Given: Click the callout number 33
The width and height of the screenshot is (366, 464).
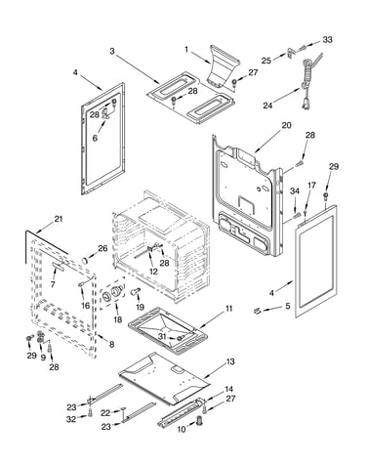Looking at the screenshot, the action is click(x=327, y=39).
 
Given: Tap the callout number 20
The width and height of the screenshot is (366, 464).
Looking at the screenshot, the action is click(x=286, y=125).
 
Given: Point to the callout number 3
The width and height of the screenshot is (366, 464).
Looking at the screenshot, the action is click(x=112, y=51).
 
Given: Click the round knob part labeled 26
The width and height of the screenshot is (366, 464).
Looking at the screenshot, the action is click(x=86, y=260).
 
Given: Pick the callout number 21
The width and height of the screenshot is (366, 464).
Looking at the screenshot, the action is click(x=58, y=219).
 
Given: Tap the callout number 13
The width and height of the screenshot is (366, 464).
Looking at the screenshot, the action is click(x=230, y=361).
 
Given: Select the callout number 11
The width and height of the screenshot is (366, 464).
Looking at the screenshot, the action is click(x=229, y=308).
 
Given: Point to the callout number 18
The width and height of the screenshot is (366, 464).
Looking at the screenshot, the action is click(x=117, y=319).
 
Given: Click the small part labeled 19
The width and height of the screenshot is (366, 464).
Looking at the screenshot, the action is click(x=136, y=291).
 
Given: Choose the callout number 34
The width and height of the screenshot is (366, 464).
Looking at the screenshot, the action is click(x=295, y=191).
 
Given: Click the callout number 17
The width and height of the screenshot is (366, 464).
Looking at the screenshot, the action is click(x=311, y=186).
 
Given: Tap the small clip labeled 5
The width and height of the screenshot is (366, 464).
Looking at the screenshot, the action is click(x=257, y=312).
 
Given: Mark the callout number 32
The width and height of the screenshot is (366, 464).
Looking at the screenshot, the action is click(x=71, y=419).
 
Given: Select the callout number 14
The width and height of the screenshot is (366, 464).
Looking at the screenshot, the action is click(x=228, y=389).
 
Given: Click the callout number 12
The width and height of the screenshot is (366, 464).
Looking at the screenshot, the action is click(x=153, y=272).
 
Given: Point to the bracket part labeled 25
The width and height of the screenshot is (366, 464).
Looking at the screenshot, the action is click(x=290, y=53).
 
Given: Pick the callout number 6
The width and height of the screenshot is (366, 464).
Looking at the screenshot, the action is click(x=95, y=139).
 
